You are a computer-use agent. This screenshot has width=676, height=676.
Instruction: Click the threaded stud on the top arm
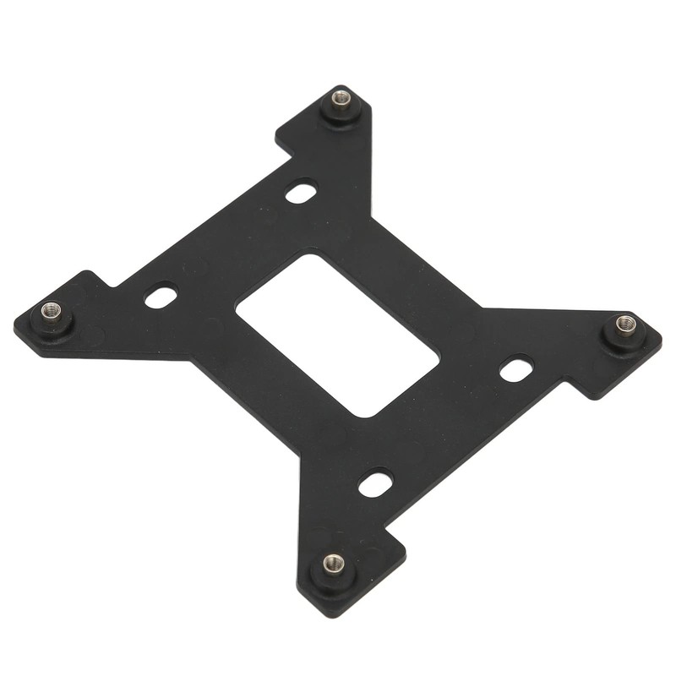coord(341,100)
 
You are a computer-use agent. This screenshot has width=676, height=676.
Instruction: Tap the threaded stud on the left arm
coord(52,311)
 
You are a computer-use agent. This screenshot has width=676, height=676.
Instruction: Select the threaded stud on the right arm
coord(625,323)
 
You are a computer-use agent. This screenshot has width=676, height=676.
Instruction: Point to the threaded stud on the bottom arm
coord(334,563)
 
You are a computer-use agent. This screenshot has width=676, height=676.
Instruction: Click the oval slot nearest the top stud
coord(301,193)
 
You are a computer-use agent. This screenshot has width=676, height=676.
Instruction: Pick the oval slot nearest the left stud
coord(161,297)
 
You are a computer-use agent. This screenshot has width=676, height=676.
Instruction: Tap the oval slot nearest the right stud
coord(516,368)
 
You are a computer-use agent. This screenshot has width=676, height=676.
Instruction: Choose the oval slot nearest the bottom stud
coord(375,484)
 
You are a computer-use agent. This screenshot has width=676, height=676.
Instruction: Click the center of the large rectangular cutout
coord(337,335)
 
